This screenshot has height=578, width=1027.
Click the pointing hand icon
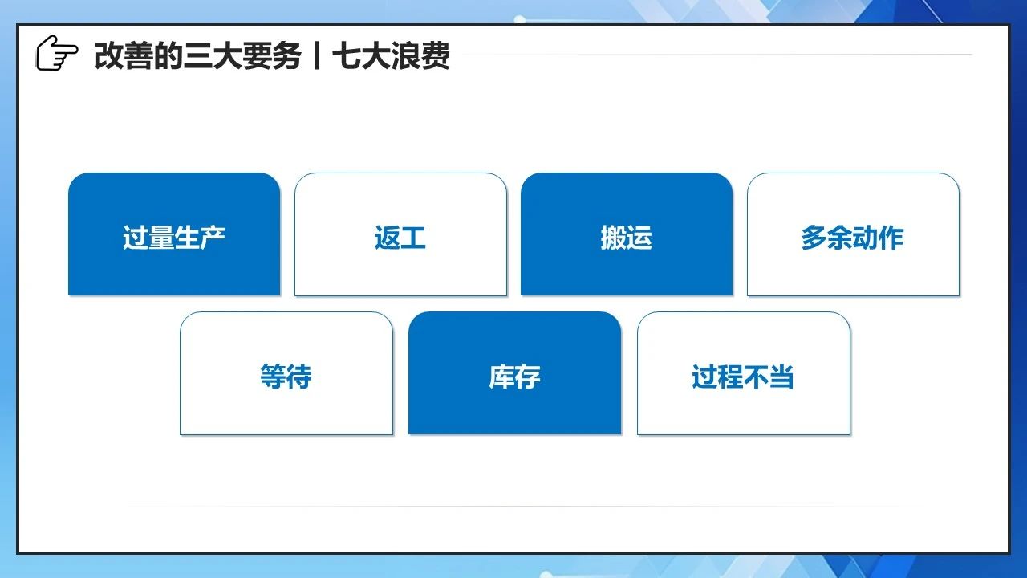coord(57,53)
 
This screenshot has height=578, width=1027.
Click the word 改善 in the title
coord(124,56)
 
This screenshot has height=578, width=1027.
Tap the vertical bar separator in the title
coord(316,56)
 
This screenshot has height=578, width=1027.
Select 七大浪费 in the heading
coord(391,56)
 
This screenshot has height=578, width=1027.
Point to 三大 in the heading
coord(213,56)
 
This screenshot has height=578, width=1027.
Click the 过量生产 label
coord(174,238)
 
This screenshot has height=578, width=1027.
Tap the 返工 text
coord(400,238)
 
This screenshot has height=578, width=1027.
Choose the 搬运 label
coord(627,238)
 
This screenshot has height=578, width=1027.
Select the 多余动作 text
coord(852,238)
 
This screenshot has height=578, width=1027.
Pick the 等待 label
coord(286,377)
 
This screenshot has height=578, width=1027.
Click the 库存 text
coord(514,377)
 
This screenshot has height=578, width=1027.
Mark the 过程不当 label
coord(743,377)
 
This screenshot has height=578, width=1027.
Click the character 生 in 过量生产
coord(187,238)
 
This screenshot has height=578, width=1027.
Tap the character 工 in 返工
coord(413,238)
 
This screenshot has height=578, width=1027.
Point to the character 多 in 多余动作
coord(814,238)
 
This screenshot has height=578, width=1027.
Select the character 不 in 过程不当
coord(756,377)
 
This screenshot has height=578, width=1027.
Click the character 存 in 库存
coord(528,377)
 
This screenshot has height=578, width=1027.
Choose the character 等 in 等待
coord(274,377)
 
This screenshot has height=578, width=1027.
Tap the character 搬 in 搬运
coord(614,238)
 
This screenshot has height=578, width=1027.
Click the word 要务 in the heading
coord(272,56)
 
